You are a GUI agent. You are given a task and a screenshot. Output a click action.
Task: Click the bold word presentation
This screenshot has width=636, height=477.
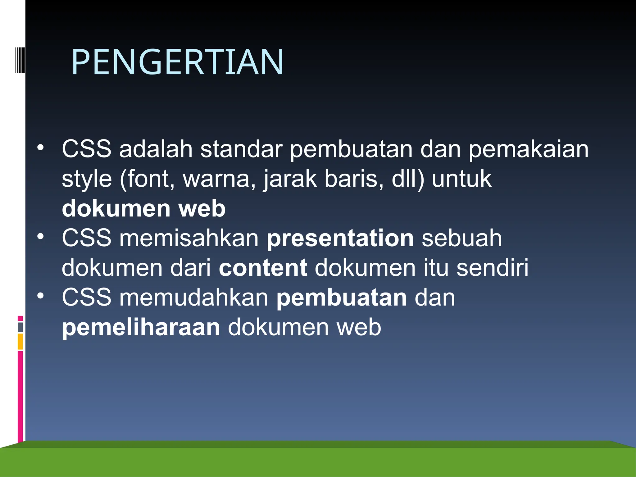point(340,238)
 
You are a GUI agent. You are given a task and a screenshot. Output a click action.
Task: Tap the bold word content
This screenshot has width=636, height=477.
point(263,268)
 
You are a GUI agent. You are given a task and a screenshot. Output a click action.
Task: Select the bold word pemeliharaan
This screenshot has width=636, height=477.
point(141,327)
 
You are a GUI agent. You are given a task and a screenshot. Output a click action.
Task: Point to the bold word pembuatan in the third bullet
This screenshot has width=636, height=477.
point(342,298)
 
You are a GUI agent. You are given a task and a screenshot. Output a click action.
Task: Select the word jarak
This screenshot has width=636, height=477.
point(290,179)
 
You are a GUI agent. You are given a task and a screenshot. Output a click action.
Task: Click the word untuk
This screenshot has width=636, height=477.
point(461,179)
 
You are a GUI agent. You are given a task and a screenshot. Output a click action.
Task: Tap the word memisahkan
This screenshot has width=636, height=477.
point(189,238)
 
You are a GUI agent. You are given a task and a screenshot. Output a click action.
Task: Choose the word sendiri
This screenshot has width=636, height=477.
point(492,268)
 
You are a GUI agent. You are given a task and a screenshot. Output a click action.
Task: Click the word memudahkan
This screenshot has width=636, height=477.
point(194,298)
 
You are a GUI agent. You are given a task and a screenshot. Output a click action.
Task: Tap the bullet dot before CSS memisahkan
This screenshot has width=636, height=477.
point(40,237)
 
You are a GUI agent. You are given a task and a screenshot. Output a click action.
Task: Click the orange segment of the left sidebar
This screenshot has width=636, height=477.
point(20,341)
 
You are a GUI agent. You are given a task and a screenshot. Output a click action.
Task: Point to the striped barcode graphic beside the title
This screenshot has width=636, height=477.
point(20,60)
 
